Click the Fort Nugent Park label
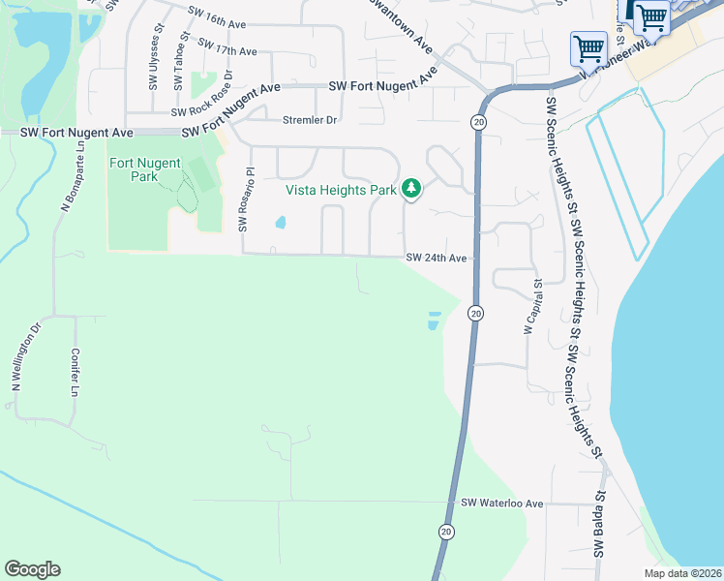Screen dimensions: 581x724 pos(134,169)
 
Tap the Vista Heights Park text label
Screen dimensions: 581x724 pos(341,190)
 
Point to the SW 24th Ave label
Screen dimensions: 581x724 pos(437,259)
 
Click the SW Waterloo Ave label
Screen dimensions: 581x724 pos(502,504)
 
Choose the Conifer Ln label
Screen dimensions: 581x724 pos(75,373)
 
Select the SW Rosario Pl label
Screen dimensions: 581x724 pos(246,200)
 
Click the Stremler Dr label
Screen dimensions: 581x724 pos(310,120)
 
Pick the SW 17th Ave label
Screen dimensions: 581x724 pos(226,47)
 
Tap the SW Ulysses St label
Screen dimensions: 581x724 pos(154,64)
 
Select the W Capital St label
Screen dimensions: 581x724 pos(530,308)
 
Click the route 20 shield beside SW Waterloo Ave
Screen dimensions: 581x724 pos(445,532)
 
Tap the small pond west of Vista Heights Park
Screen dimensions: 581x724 pos(281,223)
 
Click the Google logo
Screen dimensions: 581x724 pos(32,569)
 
